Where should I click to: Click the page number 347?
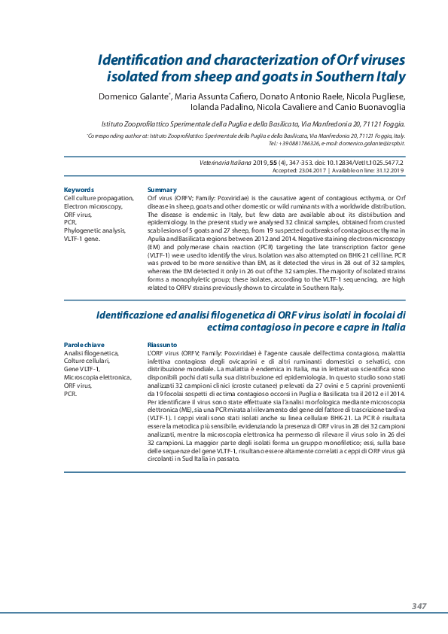419,606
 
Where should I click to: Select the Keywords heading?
79,190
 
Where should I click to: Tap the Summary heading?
162,190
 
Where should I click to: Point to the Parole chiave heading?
84,344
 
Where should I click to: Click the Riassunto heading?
163,344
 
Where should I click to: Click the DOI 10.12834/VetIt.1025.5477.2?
362,163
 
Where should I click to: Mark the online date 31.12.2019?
387,171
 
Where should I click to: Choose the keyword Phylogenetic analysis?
93,230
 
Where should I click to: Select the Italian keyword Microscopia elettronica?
97,377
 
